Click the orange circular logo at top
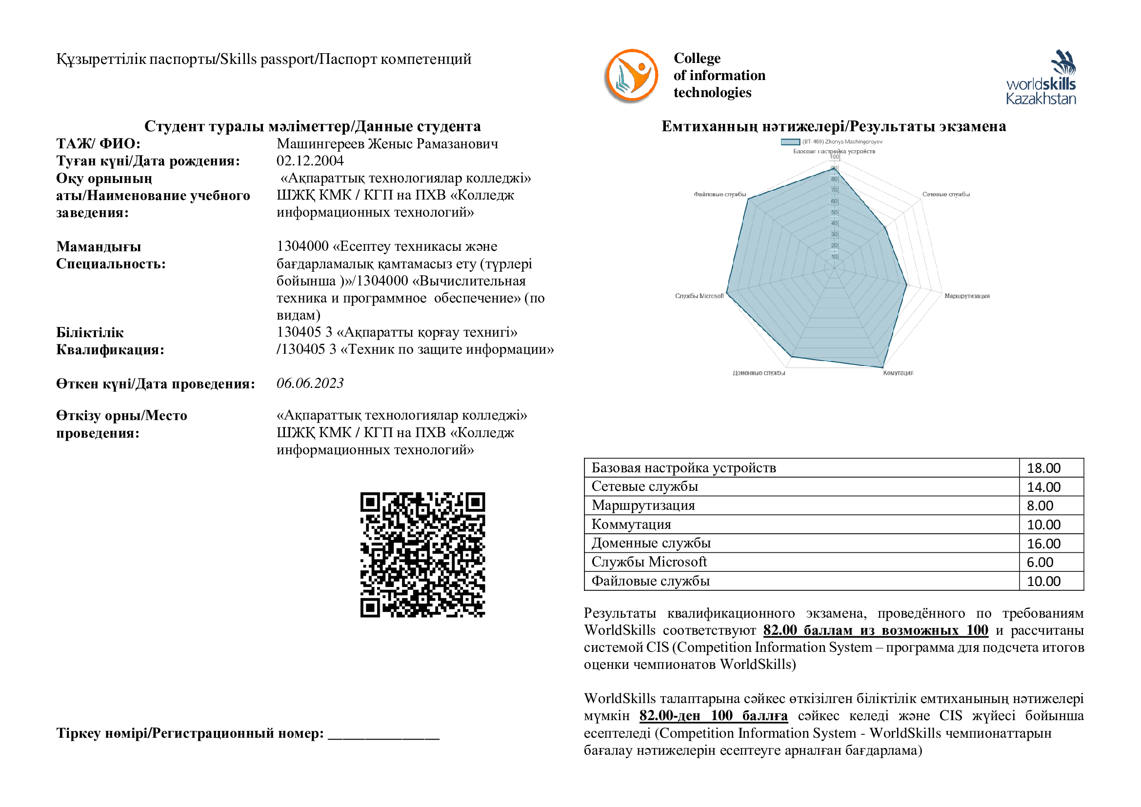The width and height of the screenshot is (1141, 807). point(632,75)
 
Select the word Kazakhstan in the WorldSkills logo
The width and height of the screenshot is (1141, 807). point(1041,99)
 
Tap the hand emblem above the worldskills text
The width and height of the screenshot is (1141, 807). point(1063,62)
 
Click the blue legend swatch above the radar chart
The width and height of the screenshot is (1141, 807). point(790,142)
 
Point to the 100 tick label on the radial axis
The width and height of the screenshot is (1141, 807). point(834,157)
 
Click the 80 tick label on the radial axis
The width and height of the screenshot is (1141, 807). point(834,180)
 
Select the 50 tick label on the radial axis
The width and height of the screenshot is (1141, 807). point(834,213)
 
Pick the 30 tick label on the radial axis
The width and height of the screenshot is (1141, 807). point(834,235)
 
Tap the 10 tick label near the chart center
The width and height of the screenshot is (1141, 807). point(834,257)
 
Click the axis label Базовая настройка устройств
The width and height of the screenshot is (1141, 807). point(834,152)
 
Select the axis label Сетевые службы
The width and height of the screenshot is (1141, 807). point(946,195)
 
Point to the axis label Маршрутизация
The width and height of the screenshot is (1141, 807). point(966,296)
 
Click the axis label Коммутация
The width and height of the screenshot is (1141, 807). point(899,373)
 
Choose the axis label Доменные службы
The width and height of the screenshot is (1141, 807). point(759,373)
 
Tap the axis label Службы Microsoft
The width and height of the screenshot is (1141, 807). point(699,296)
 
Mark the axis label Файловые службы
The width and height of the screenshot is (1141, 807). point(720,195)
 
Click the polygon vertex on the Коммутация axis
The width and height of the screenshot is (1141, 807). point(882,368)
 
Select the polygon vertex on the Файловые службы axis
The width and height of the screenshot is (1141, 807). point(748,198)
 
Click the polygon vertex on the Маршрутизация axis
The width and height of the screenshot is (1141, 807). point(907,284)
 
